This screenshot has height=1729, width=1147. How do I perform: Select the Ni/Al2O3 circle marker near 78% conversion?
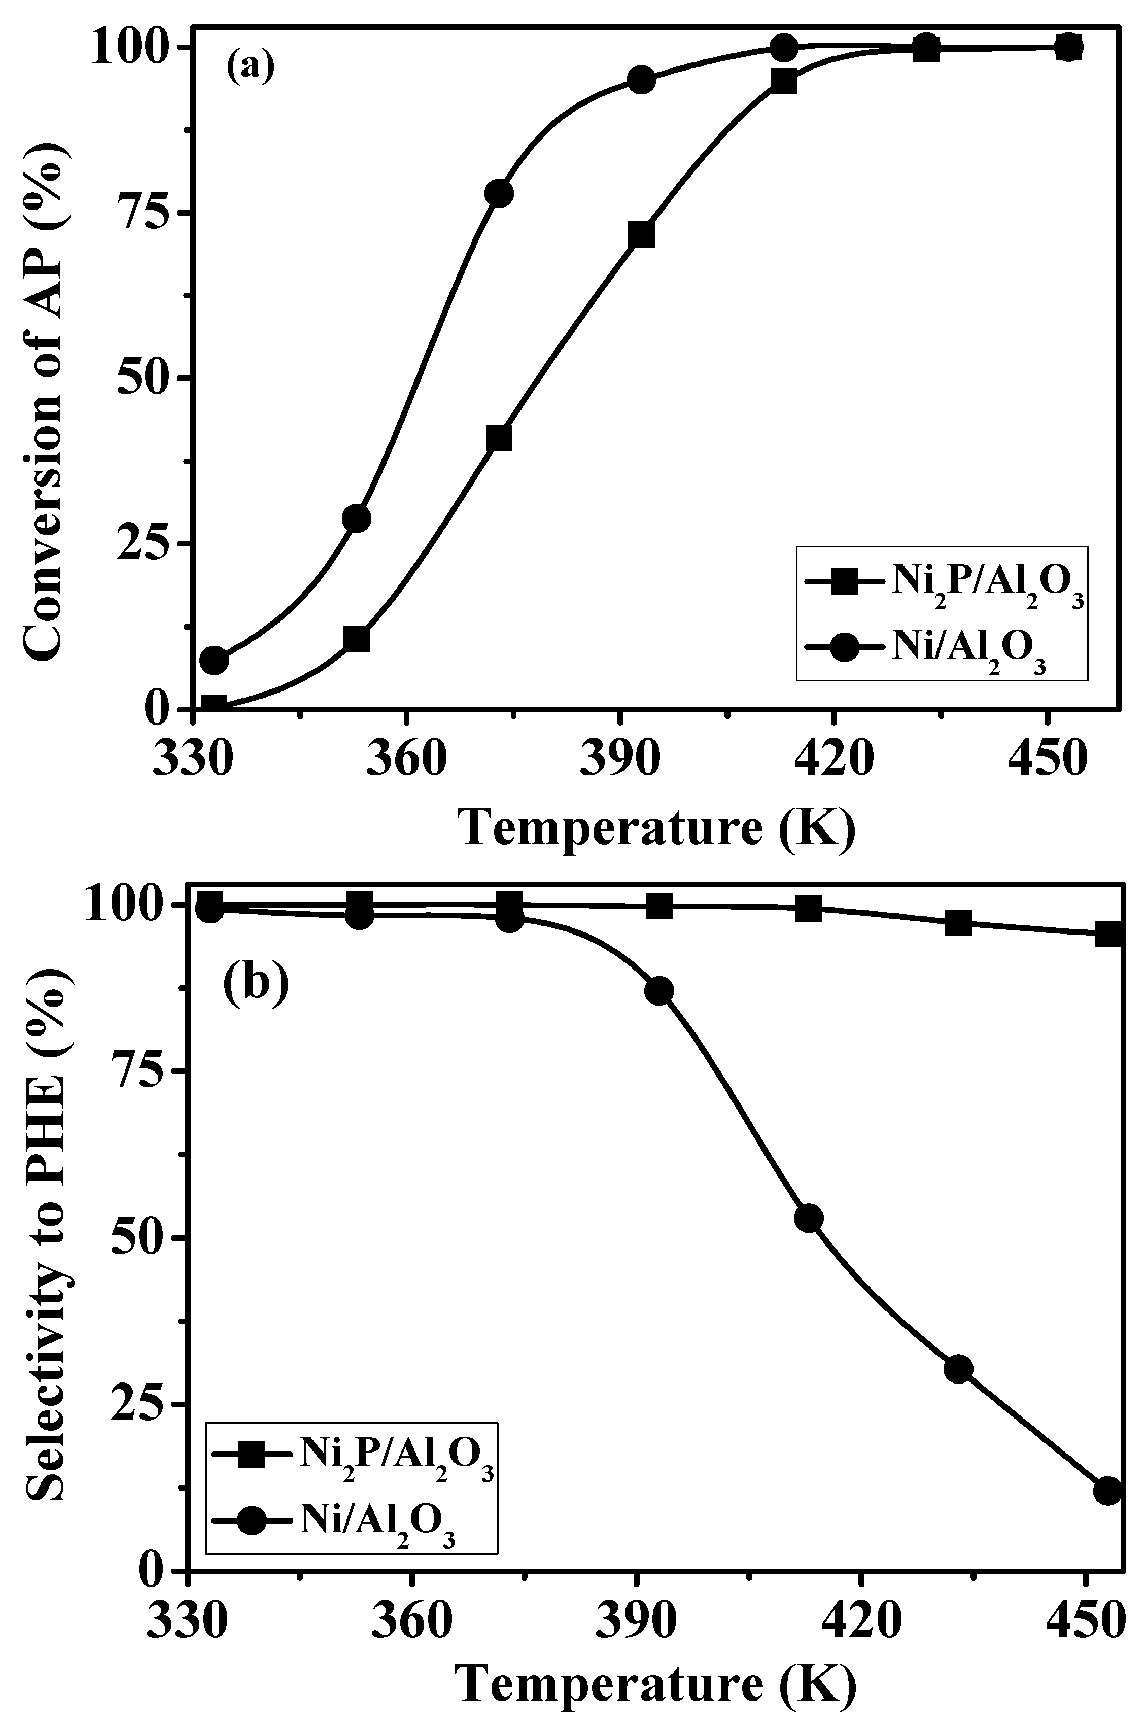point(499,194)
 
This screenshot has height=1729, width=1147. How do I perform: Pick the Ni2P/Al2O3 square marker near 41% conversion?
point(499,437)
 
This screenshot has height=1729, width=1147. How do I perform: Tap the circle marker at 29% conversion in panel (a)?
point(356,518)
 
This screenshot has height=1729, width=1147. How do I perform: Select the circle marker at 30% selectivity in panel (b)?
point(958,1369)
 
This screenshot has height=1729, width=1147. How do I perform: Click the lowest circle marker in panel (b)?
point(1108,1491)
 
